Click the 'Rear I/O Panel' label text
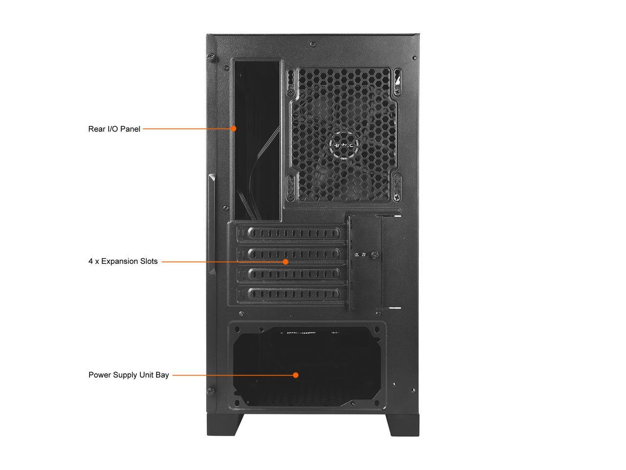pos(114,129)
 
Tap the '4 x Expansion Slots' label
pos(123,261)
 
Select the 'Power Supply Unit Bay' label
pos(129,375)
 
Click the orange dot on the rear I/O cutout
pos(234,129)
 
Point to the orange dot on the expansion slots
pos(286,261)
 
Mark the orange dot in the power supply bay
pos(296,375)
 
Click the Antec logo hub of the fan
pos(345,145)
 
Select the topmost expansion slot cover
pos(293,234)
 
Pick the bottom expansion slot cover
pos(293,294)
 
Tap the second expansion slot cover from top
pos(293,254)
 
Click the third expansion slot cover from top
pos(293,274)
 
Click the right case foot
pos(404,424)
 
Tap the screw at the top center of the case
pos(313,45)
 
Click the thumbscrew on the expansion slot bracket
pos(375,255)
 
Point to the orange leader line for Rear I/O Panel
pos(187,129)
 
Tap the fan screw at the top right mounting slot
pos(396,91)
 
